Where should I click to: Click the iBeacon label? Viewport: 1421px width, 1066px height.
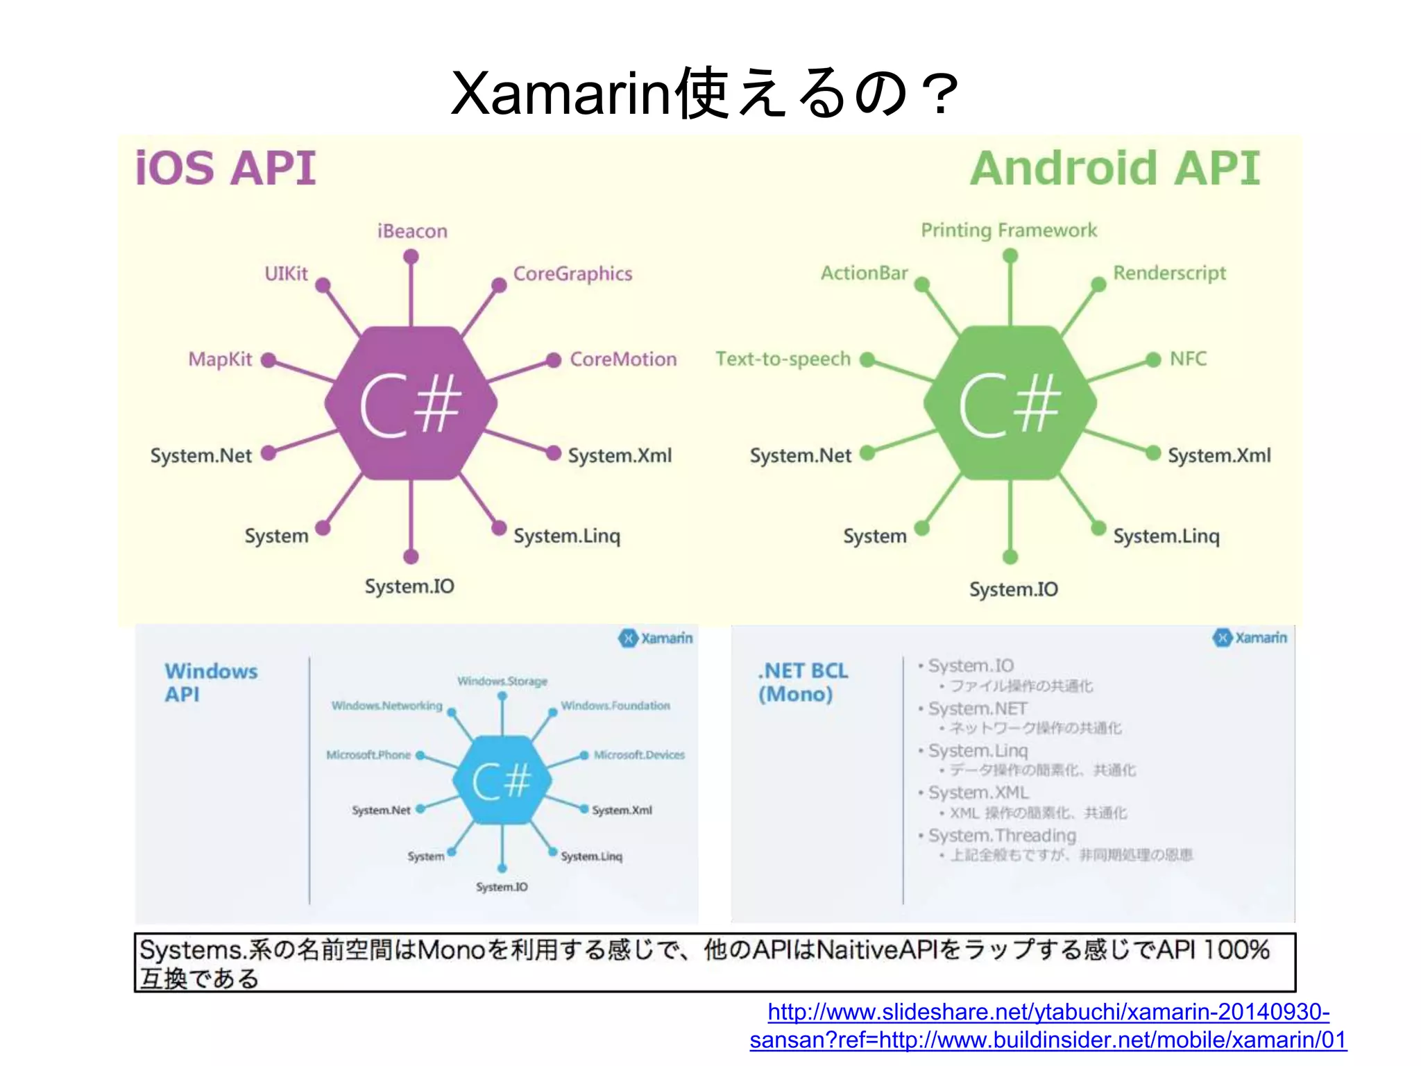412,231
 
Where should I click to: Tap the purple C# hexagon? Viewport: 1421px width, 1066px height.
411,403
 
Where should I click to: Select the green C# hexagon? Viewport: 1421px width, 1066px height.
1010,403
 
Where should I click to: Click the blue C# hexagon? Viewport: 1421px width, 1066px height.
502,780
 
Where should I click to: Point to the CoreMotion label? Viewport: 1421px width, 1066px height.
622,359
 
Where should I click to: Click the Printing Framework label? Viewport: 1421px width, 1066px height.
1008,230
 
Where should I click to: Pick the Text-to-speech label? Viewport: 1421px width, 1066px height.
783,359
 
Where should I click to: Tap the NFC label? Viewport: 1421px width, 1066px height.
1188,359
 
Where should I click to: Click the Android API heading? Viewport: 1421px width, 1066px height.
1114,169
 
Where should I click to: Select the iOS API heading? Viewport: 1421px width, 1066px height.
226,169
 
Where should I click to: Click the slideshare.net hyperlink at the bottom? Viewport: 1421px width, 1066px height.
1048,1026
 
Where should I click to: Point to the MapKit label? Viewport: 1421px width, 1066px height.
220,359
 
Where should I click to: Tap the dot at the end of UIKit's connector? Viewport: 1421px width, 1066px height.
323,285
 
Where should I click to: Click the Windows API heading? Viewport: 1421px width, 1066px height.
210,682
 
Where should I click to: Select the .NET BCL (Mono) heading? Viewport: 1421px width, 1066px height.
803,682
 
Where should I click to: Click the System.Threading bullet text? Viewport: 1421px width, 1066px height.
1001,836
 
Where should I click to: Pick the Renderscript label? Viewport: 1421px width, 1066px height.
1169,273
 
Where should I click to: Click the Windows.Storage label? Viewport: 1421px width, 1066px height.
502,682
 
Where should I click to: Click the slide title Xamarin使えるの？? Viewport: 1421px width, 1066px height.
704,94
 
